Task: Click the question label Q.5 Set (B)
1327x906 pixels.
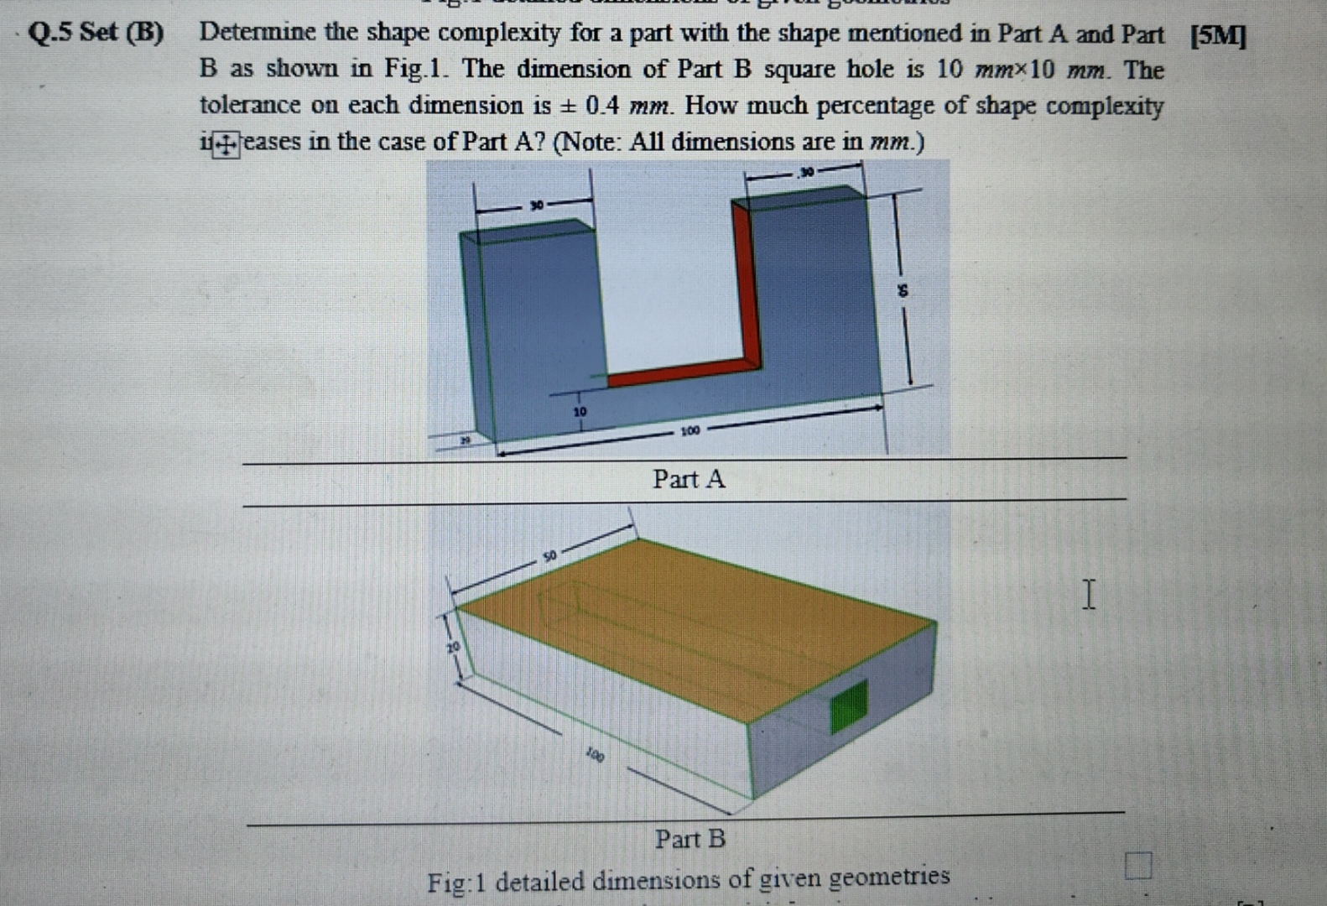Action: click(96, 33)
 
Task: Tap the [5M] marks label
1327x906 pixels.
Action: click(1218, 36)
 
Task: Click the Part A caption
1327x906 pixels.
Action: click(689, 479)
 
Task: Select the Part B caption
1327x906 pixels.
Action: click(690, 838)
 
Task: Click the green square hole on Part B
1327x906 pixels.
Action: click(849, 706)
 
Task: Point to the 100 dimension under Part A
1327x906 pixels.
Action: click(690, 431)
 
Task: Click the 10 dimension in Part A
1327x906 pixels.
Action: click(580, 412)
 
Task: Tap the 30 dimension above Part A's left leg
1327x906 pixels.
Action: click(536, 205)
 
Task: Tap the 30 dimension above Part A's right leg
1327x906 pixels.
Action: click(805, 172)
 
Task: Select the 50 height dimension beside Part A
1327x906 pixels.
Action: click(903, 291)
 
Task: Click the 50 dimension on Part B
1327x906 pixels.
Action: click(549, 555)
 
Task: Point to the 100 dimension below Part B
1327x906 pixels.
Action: click(595, 755)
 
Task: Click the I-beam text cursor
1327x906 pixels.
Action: click(1088, 594)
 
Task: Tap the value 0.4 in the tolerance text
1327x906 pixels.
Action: click(602, 106)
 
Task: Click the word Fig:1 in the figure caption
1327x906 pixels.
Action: click(457, 883)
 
